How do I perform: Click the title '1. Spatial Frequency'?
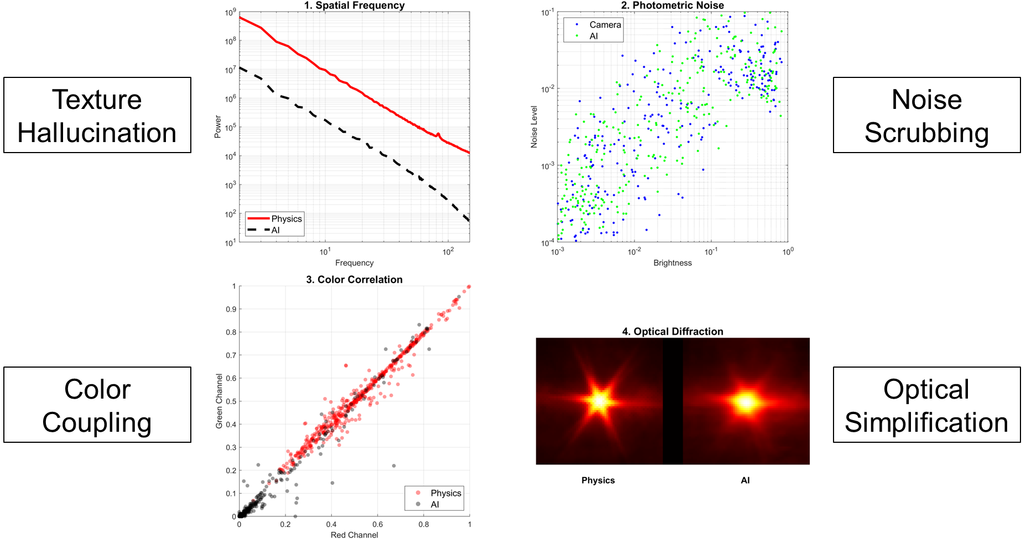tap(354, 6)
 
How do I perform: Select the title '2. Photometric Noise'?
tap(672, 6)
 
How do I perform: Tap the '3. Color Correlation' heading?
tap(354, 280)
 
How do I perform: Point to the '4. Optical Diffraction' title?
tap(673, 332)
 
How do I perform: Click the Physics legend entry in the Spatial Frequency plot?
tap(286, 219)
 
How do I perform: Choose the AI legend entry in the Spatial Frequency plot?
tap(275, 231)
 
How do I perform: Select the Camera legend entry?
tap(605, 25)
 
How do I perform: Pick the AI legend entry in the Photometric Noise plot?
tap(593, 36)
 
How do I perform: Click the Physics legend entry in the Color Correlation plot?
tap(445, 493)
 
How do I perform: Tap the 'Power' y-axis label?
tap(218, 127)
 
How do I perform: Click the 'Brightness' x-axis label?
tap(673, 263)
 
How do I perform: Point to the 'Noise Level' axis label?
tap(534, 127)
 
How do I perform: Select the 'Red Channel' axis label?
tap(354, 535)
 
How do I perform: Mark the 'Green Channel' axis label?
tap(219, 401)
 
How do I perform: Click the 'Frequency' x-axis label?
tap(354, 263)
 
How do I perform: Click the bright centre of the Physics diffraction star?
tap(599, 401)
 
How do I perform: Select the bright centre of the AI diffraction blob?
tap(746, 402)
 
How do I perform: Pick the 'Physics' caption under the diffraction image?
tap(598, 480)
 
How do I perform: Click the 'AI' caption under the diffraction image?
tap(745, 480)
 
